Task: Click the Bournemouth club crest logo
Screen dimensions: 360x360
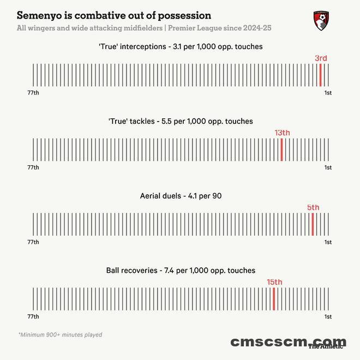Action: point(321,21)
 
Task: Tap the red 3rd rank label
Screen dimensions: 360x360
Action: point(321,58)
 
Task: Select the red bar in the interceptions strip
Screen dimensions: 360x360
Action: point(320,75)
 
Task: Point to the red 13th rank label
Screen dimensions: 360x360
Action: point(282,133)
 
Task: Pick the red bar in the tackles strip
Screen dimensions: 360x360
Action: point(281,149)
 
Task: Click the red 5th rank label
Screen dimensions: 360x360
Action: point(313,207)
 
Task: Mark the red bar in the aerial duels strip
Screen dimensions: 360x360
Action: point(313,224)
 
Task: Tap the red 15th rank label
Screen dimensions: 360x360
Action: point(274,282)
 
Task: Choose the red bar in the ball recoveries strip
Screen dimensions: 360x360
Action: point(274,298)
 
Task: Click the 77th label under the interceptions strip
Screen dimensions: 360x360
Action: point(33,93)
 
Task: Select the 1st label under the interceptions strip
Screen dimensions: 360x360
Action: point(328,93)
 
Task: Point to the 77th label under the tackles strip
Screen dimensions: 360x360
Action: point(33,167)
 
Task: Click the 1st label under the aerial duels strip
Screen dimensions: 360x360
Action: point(328,242)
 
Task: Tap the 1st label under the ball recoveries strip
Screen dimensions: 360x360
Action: point(328,316)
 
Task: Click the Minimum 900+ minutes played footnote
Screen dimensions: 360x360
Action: point(60,334)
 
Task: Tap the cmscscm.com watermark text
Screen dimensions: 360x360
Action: point(287,342)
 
